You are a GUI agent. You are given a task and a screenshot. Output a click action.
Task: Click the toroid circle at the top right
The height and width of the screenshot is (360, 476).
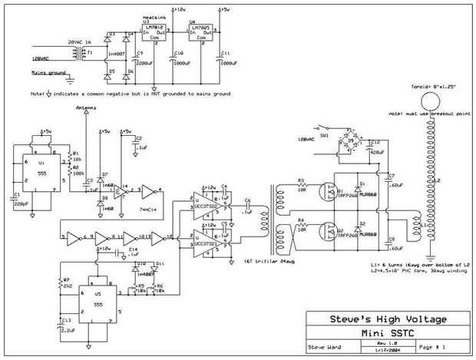431,102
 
